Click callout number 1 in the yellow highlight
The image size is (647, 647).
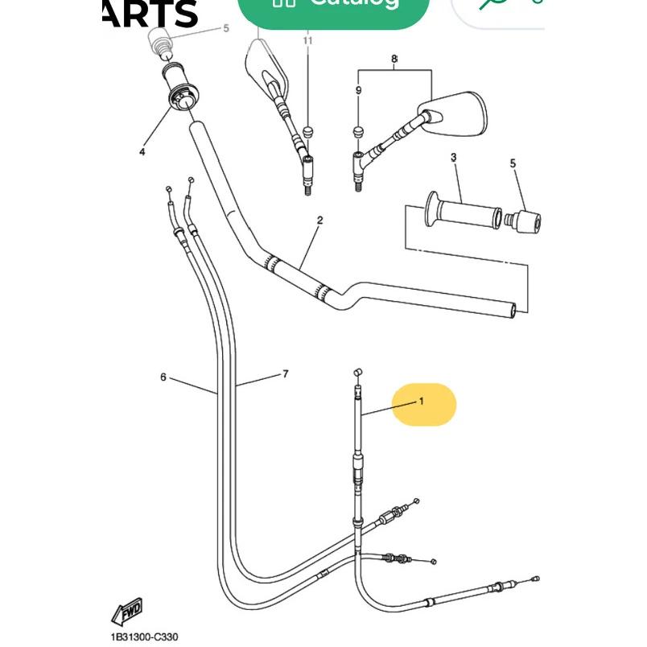420,400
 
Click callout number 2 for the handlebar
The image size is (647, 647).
319,220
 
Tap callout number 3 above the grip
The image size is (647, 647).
453,158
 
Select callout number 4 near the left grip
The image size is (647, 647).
142,151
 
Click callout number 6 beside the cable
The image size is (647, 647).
163,377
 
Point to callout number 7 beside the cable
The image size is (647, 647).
285,373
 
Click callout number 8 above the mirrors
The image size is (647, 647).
394,59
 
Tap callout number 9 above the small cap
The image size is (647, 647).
359,91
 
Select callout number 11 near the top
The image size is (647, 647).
307,39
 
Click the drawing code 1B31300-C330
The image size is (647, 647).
145,637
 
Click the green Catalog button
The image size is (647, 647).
337,8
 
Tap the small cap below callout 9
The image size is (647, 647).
359,130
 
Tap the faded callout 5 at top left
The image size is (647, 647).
226,28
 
